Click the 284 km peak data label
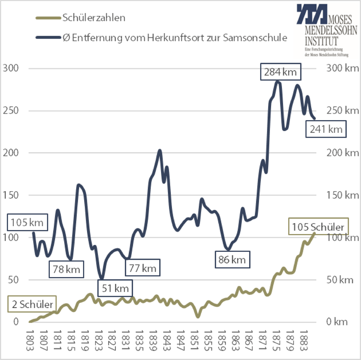pos(280,72)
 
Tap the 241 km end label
pos(326,129)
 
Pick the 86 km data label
pos(232,259)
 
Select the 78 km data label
pos(67,269)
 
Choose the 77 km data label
pos(143,268)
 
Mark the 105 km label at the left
pos(27,223)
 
